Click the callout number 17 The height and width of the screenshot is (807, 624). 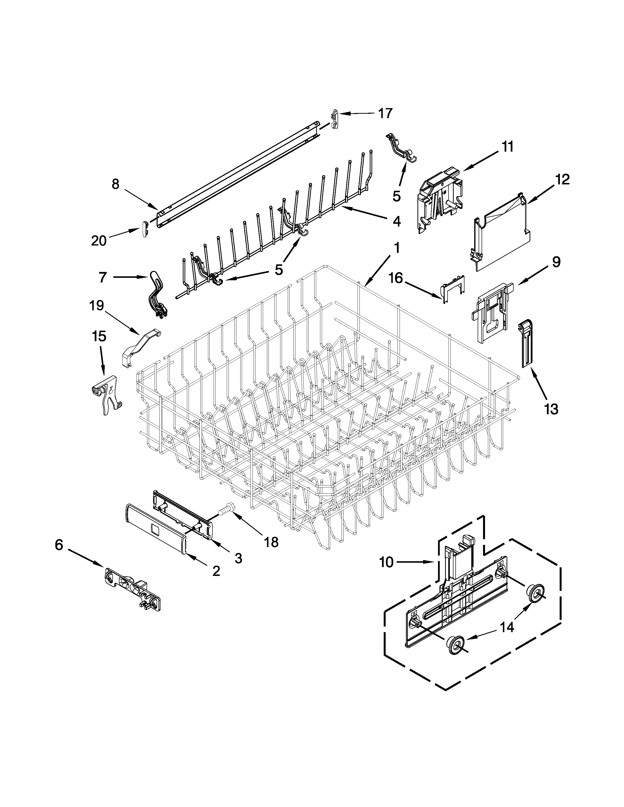pyautogui.click(x=385, y=113)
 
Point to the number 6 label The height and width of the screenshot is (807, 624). pyautogui.click(x=59, y=545)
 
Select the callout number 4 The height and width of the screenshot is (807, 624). pyautogui.click(x=396, y=221)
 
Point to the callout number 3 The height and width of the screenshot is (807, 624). pyautogui.click(x=238, y=558)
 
